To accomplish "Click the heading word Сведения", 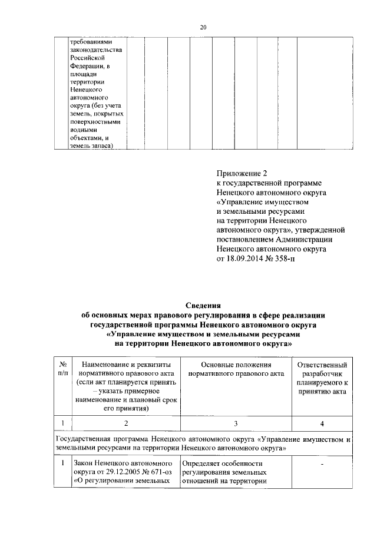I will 203,305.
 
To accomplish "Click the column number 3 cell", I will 236,423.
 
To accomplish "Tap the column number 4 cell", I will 325,423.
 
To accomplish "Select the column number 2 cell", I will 125,423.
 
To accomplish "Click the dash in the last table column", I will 325,464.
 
